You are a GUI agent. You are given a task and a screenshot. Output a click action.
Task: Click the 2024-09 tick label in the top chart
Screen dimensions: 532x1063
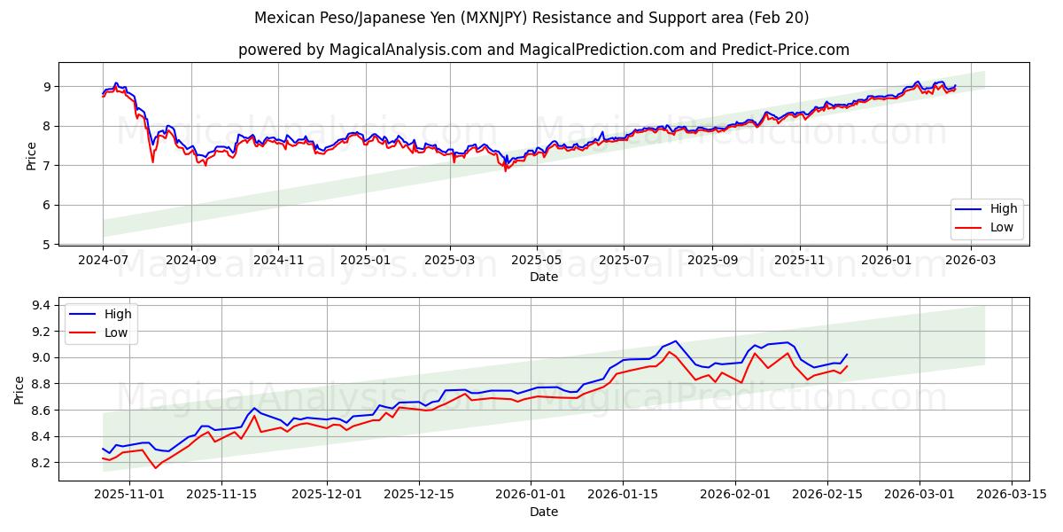[x=191, y=261]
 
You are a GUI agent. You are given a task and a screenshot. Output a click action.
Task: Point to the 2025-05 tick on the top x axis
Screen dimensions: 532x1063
[x=537, y=261]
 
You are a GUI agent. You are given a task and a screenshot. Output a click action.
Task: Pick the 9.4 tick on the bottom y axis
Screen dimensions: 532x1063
[x=41, y=306]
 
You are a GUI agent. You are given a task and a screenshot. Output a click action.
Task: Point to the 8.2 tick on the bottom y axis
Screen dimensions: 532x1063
[x=41, y=463]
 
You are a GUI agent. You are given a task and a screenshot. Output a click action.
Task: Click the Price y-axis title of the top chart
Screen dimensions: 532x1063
[x=32, y=156]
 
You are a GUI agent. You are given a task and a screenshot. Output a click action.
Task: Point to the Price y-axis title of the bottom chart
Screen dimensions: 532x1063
[x=19, y=389]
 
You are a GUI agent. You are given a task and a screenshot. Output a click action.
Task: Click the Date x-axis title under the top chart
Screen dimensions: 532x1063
[x=544, y=277]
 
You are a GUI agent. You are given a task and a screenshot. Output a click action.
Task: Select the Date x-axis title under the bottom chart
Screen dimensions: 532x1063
[x=544, y=512]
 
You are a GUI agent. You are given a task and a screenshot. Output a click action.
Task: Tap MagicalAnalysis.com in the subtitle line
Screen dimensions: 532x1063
[x=392, y=50]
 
